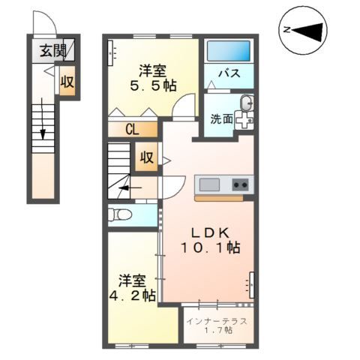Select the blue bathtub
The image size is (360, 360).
point(229,52)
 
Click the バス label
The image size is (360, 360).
point(228,74)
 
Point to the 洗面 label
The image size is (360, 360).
point(221,118)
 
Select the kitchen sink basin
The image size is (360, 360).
point(208,184)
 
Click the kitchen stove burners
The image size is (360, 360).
point(240,184)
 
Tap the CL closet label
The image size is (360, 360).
point(131,129)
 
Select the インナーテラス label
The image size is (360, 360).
point(219,320)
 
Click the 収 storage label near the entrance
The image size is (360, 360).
point(67,82)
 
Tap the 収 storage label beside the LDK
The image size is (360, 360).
point(145,157)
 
